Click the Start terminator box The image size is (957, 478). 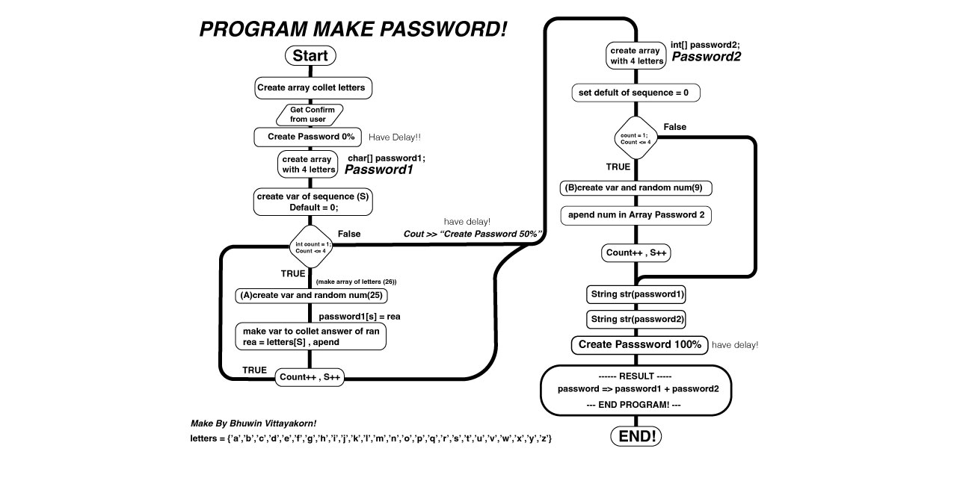(310, 56)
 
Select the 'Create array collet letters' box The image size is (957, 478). (312, 88)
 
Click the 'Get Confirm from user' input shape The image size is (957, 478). (311, 114)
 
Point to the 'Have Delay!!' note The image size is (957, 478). (395, 137)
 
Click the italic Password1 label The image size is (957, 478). (378, 170)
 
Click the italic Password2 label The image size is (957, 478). (707, 57)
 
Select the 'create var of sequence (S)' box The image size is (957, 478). (312, 202)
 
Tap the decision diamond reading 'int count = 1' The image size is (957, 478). (311, 246)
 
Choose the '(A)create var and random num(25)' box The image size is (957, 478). (311, 295)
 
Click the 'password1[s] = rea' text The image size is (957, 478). (359, 317)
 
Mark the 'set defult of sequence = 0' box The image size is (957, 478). (637, 93)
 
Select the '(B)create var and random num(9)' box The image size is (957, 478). (636, 187)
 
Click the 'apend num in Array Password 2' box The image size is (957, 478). (636, 215)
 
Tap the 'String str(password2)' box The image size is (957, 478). (636, 319)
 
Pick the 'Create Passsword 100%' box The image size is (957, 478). (639, 344)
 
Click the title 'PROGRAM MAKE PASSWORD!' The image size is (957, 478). (353, 29)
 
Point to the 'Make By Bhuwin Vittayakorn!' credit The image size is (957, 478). (259, 423)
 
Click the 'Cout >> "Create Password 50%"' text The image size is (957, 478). (473, 234)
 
